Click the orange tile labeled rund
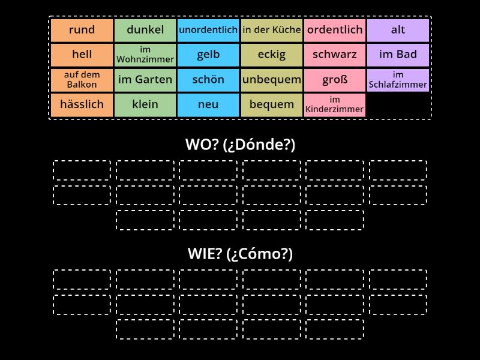click(82, 30)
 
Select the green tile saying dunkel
click(145, 30)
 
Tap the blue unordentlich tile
click(208, 30)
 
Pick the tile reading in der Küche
click(272, 30)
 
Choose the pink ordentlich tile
click(335, 30)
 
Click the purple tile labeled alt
click(398, 30)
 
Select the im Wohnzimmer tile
click(145, 55)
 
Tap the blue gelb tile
click(208, 55)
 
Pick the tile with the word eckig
click(272, 55)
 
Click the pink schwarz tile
click(335, 55)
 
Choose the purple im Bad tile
click(398, 55)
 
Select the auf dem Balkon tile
click(82, 80)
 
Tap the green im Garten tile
click(145, 80)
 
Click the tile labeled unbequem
click(272, 80)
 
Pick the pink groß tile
click(335, 80)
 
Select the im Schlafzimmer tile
click(398, 80)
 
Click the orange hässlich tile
click(82, 104)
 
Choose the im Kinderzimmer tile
click(335, 104)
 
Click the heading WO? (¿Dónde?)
click(240, 145)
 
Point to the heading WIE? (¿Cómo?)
click(240, 254)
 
